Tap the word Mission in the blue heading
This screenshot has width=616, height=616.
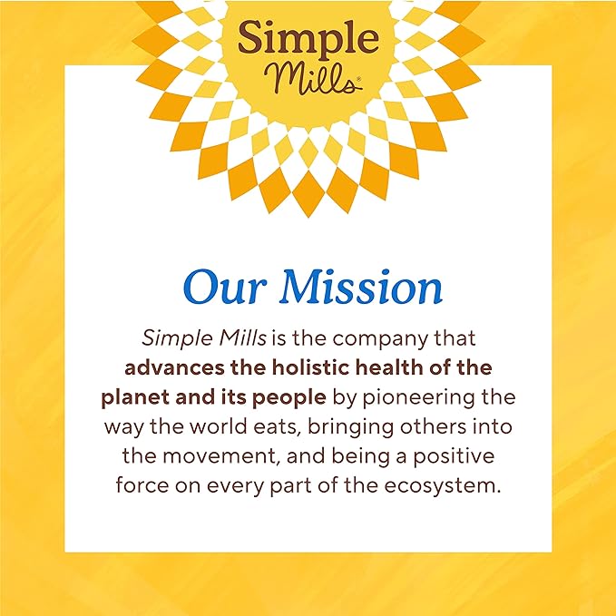point(360,288)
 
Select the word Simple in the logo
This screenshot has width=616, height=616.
point(307,39)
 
